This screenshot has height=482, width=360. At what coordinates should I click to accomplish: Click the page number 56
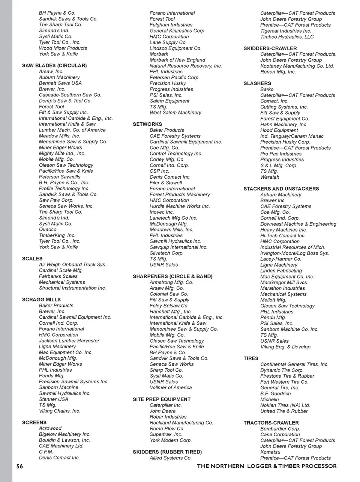point(19,466)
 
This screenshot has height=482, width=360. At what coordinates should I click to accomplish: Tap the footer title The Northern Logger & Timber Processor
point(267,466)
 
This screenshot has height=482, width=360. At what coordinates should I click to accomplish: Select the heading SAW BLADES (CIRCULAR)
point(54,66)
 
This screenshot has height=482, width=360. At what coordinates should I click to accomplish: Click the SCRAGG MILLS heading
point(41,300)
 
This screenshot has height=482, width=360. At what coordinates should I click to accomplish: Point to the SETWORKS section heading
point(147,124)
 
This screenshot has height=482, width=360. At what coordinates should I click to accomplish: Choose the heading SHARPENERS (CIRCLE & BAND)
point(172,276)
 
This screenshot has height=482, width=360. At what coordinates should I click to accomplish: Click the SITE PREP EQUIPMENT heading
point(162,399)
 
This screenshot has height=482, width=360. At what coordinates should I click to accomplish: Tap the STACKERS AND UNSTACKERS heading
point(281,189)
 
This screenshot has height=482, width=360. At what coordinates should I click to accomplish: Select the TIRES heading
point(251,358)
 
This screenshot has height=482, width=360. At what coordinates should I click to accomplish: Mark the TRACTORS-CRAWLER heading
point(271,423)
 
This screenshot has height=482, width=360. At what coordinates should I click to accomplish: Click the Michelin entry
point(270,399)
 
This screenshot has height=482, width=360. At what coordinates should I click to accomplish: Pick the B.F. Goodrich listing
point(276,394)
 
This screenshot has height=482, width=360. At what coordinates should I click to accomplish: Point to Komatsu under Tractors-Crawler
point(270,452)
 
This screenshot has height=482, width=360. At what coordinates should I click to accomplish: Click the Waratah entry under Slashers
point(270,177)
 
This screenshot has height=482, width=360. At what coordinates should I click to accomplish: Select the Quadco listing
point(48,229)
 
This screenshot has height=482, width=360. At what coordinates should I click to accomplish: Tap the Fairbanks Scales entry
point(58,276)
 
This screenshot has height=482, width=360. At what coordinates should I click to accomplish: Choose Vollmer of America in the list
point(171,387)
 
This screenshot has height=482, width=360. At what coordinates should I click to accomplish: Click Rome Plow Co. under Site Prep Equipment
point(167,428)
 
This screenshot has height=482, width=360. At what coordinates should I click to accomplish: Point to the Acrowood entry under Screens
point(50,428)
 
